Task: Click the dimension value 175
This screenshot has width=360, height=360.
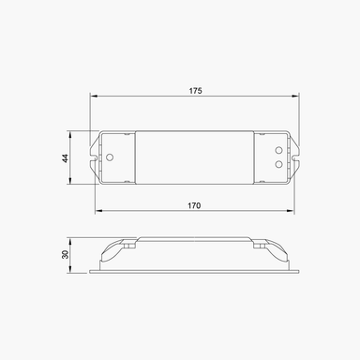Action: point(196,90)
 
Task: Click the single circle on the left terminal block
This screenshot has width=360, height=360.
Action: point(111,157)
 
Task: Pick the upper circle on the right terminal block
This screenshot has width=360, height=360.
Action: point(278,150)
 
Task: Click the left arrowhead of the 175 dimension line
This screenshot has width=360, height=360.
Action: point(95,97)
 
